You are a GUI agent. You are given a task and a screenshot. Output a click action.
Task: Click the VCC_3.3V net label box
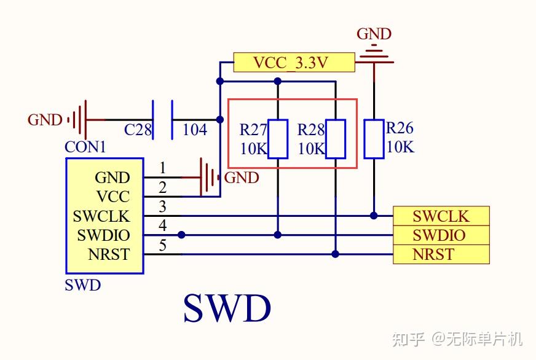click(x=294, y=63)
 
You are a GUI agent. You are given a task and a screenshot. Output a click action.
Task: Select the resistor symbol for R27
click(x=278, y=139)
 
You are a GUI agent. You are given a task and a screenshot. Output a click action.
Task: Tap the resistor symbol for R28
click(x=336, y=139)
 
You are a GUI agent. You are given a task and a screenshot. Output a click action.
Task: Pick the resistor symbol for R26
click(x=374, y=139)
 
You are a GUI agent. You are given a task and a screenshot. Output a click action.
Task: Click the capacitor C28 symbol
click(x=162, y=119)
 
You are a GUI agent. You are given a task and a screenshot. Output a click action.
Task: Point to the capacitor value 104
click(x=195, y=130)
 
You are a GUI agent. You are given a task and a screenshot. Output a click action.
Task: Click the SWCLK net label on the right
click(x=441, y=216)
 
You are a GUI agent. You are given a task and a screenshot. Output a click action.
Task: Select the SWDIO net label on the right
click(x=441, y=235)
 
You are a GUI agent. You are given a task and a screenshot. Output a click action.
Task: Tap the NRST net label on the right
click(x=441, y=254)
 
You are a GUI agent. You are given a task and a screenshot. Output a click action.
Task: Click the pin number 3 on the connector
click(x=163, y=206)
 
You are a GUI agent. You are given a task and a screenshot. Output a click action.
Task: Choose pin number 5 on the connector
click(x=163, y=245)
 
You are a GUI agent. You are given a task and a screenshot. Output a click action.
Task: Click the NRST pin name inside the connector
click(x=109, y=254)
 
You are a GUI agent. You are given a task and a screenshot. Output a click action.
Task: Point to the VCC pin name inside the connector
click(x=113, y=197)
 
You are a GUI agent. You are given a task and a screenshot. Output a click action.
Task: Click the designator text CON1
click(x=85, y=147)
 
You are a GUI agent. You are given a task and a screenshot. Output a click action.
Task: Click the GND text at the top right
click(x=374, y=34)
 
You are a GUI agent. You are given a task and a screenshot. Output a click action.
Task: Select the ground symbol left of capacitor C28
click(x=79, y=119)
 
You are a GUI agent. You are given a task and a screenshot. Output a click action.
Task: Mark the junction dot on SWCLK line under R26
click(x=374, y=216)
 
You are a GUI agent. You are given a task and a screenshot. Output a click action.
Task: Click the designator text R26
click(x=400, y=128)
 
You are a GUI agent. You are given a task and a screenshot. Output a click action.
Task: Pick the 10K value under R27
click(x=253, y=149)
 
